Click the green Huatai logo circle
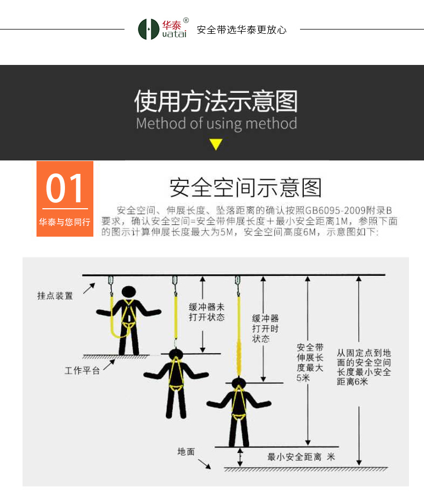click(148, 29)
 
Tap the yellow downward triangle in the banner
click(216, 144)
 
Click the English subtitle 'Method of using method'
click(216, 123)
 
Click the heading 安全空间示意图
click(245, 187)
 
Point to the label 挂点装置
click(55, 296)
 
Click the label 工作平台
click(82, 370)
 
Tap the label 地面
click(186, 452)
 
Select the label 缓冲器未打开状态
click(207, 312)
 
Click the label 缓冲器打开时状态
click(265, 328)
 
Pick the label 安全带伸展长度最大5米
click(310, 362)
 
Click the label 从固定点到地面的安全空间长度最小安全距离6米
click(364, 367)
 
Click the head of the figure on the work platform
click(129, 291)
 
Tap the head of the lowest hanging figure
click(238, 383)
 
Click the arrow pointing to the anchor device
click(89, 289)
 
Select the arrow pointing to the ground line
click(204, 464)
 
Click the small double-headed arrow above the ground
click(240, 457)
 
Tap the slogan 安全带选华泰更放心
click(242, 30)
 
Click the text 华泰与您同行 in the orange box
click(64, 222)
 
